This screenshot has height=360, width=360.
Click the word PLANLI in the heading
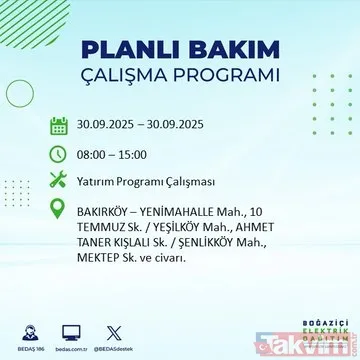(131, 50)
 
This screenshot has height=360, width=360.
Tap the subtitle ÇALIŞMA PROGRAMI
(180, 76)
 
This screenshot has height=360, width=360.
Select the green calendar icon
(59, 127)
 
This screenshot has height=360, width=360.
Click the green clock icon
(59, 154)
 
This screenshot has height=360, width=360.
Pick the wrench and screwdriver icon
(59, 181)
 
